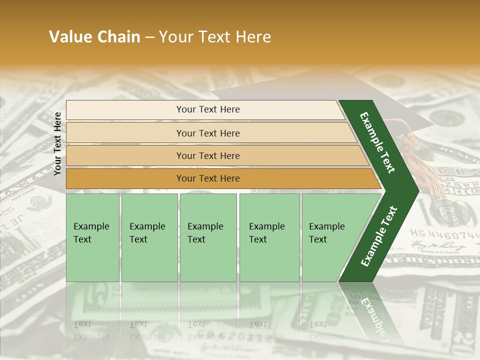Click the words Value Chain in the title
pos(94,37)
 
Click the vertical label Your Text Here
pos(57,143)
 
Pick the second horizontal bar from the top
pos(207,133)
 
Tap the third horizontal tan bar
pos(207,155)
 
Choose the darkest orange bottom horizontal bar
pos(207,178)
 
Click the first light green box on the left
pos(92,237)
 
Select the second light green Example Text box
pos(149,237)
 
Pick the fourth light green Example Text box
pos(269,237)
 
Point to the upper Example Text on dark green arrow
pos(378,142)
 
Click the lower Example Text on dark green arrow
pos(379,236)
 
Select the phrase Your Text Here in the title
pos(215,37)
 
